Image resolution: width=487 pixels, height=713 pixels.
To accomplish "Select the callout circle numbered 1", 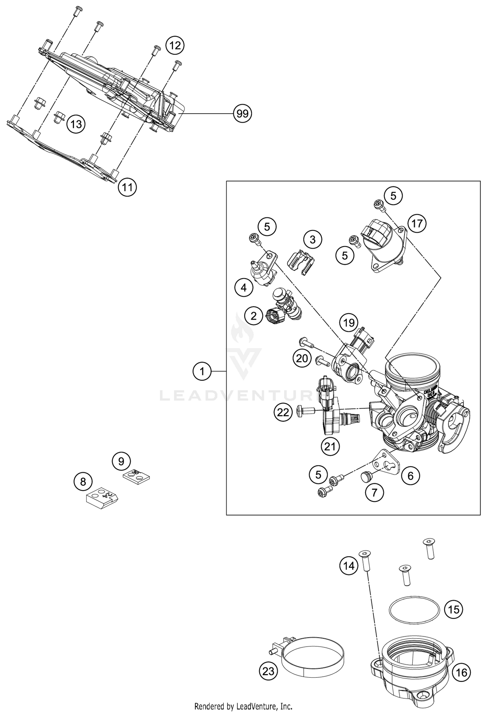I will point(202,371).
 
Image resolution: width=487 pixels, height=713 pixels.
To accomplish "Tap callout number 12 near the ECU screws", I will point(175,45).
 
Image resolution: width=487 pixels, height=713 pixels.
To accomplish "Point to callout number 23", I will point(268,670).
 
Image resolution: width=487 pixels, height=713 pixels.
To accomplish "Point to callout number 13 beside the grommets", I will point(76,124).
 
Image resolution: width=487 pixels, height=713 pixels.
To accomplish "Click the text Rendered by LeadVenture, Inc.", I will point(243,706).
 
